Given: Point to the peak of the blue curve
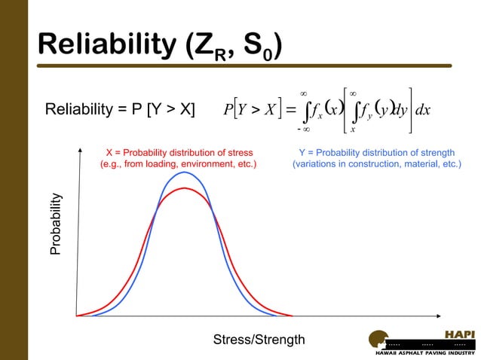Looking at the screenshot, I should coord(184,172).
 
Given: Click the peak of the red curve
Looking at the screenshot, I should coord(184,188).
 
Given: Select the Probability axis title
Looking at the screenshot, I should coord(55,224).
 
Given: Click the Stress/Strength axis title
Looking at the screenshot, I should coord(259,340).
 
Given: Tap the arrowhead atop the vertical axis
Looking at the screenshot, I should coord(77,151).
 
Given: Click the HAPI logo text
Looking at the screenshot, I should coord(459,334).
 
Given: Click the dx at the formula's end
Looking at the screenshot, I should coord(422,111).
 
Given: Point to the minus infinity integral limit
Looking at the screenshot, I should coord(303,130).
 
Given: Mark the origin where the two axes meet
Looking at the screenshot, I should coord(77,316).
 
